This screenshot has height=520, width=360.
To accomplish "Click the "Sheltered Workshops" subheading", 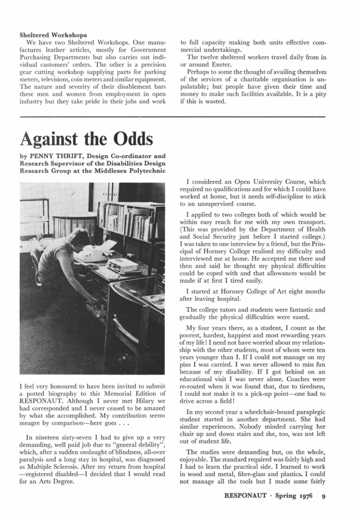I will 52,35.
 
